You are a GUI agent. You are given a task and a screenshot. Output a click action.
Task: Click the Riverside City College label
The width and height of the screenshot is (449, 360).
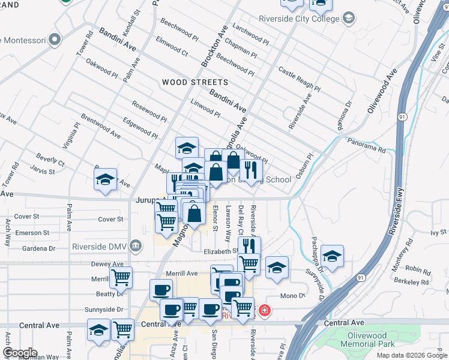pyautogui.click(x=298, y=19)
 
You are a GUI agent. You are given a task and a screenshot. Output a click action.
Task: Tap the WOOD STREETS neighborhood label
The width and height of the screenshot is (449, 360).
pyautogui.click(x=195, y=82)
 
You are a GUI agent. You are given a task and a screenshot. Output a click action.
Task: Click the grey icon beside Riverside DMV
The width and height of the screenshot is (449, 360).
pyautogui.click(x=136, y=245)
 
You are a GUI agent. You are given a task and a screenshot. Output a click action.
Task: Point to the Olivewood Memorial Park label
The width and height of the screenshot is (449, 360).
pyautogui.click(x=367, y=340)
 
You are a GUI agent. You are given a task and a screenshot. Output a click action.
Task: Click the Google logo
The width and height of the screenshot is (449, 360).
pyautogui.click(x=20, y=353)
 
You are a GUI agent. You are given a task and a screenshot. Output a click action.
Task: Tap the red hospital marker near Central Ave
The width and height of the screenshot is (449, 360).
pyautogui.click(x=264, y=311)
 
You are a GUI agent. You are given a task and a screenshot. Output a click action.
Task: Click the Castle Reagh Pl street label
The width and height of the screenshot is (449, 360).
pyautogui.click(x=298, y=82)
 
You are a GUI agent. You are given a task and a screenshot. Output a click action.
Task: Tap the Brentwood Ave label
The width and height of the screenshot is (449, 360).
pyautogui.click(x=100, y=125)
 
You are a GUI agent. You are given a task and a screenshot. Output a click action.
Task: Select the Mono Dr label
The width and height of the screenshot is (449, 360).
pyautogui.click(x=294, y=296)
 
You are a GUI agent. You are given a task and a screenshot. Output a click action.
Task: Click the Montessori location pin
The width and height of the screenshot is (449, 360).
pyautogui.click(x=55, y=40)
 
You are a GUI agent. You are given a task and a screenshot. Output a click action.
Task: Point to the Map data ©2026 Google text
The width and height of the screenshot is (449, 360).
pyautogui.click(x=411, y=355)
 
